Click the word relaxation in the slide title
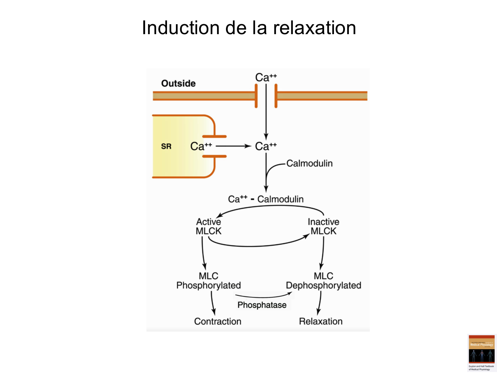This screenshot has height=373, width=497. (314, 28)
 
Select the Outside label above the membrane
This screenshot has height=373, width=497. (178, 83)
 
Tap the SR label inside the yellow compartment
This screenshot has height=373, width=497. (166, 146)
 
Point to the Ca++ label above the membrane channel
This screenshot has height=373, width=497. (265, 78)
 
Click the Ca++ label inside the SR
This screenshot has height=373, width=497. (201, 146)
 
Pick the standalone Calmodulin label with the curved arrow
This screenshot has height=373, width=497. (309, 163)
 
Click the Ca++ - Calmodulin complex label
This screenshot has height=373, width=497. (266, 199)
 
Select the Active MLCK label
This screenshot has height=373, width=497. (208, 226)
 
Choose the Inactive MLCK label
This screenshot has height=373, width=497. (323, 226)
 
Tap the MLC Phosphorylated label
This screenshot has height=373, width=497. (208, 281)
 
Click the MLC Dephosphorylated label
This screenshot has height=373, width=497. (323, 281)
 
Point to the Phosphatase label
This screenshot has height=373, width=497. (262, 305)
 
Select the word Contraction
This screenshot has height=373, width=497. (218, 321)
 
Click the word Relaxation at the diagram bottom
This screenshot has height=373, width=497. (320, 321)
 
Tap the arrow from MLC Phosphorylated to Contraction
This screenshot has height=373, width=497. (213, 303)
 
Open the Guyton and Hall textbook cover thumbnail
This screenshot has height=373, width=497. (481, 353)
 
